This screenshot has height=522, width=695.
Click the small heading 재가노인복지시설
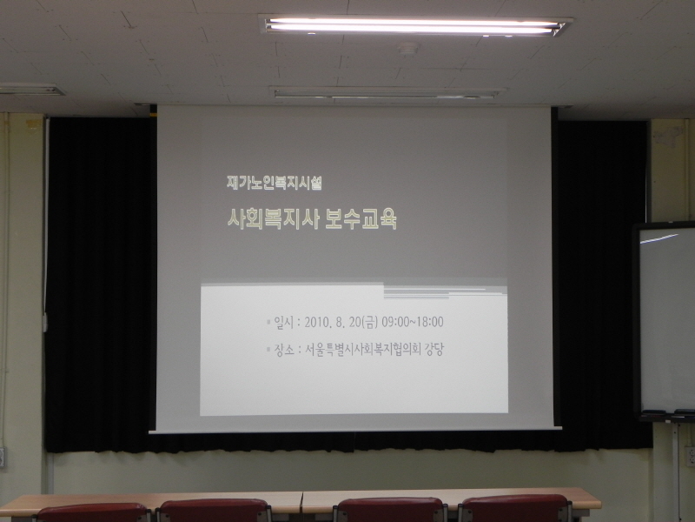[x=274, y=183]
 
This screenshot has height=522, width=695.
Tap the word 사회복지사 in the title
[x=271, y=218]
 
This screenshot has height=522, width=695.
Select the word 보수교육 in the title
[x=361, y=218]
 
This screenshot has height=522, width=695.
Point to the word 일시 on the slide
[x=284, y=322]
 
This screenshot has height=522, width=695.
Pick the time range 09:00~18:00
[x=413, y=322]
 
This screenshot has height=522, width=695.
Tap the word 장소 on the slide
[x=284, y=350]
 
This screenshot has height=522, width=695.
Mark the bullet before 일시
[x=268, y=322]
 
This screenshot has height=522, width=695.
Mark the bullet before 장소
[x=268, y=350]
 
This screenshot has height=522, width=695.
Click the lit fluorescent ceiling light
[x=415, y=25]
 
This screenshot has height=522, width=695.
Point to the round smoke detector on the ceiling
[x=408, y=48]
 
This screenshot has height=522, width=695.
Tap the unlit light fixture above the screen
[x=387, y=93]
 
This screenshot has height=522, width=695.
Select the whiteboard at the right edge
[x=665, y=320]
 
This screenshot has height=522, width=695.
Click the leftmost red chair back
[x=93, y=512]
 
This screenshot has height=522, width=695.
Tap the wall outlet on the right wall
[x=691, y=456]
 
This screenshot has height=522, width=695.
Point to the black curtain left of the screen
[x=101, y=284]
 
